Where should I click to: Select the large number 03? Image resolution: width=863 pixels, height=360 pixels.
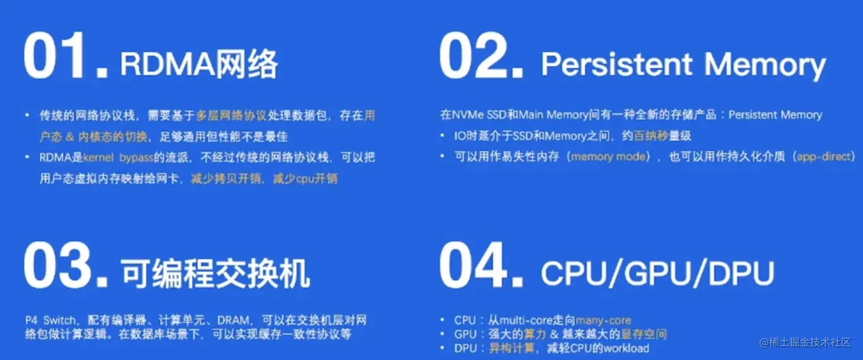(x=66, y=266)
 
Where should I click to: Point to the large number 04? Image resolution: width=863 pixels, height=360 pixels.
(x=481, y=266)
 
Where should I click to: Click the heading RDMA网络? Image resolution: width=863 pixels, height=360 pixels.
(x=199, y=64)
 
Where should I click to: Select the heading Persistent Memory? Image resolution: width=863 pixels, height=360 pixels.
(x=683, y=65)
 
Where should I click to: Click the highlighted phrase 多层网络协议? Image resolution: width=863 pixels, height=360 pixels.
(x=232, y=116)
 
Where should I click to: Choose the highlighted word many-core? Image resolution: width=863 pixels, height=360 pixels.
(x=603, y=321)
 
